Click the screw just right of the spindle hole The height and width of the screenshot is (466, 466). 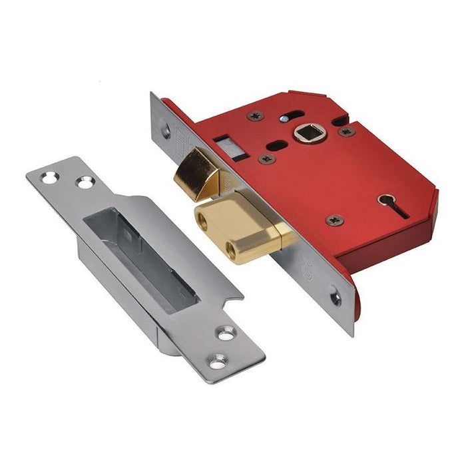[x=346, y=132]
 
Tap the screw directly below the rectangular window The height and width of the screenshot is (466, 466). [x=267, y=159]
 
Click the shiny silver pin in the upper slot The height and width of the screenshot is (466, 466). [x=284, y=118]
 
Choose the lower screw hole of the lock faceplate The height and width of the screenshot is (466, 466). [x=336, y=299]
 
